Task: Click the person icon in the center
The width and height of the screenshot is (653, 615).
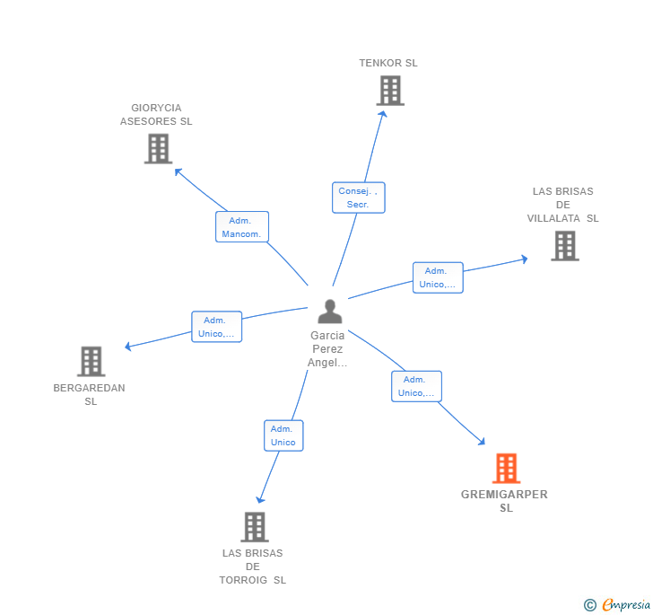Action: [330, 312]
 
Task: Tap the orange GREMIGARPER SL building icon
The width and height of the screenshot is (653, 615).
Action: [506, 468]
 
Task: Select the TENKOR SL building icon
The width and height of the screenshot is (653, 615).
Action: [390, 91]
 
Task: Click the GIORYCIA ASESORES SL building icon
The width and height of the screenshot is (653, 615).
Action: [158, 148]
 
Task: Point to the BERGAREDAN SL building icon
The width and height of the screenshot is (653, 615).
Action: [91, 361]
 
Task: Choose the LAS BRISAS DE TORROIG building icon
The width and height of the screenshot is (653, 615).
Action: [255, 526]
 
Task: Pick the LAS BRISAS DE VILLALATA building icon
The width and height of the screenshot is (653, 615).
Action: [564, 245]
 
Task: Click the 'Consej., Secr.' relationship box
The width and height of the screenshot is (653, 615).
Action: [359, 198]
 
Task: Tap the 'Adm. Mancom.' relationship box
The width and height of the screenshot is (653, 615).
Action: [241, 227]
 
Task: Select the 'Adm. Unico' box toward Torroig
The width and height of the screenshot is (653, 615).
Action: [283, 435]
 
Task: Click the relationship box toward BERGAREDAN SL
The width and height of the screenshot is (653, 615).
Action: [216, 327]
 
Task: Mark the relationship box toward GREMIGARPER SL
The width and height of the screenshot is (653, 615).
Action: [416, 386]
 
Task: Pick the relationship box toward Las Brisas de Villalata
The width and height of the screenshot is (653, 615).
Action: [438, 277]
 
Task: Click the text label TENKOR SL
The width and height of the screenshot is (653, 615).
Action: [388, 63]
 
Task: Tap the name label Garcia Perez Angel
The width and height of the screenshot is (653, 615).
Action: [327, 348]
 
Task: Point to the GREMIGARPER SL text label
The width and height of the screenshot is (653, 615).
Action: [504, 501]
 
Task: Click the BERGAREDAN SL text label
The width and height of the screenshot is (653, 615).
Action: [90, 394]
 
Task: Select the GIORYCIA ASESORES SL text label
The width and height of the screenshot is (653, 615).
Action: [156, 114]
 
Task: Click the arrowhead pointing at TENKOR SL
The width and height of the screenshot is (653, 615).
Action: [383, 113]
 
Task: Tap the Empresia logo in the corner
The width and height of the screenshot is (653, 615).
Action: [618, 604]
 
